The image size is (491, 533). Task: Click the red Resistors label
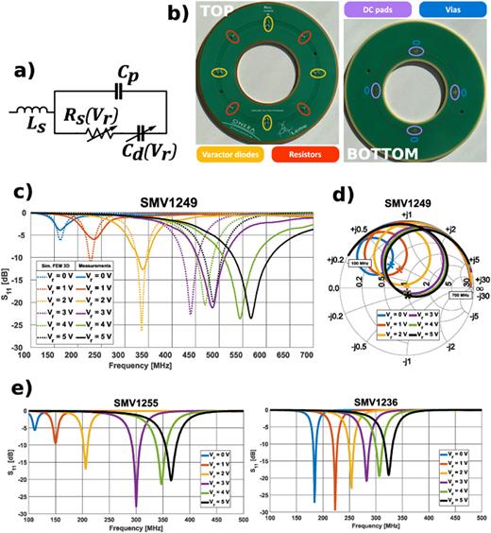(x=300, y=150)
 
